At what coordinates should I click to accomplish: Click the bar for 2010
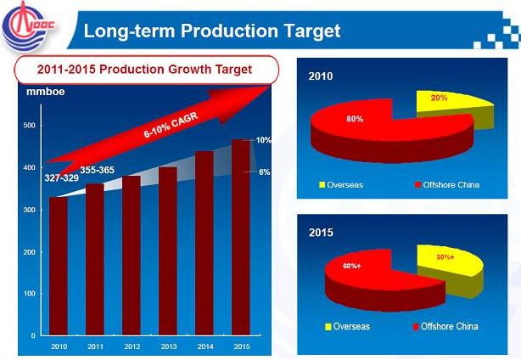click(59, 267)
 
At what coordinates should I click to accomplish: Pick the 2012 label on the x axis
click(132, 346)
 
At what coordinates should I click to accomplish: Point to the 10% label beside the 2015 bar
click(263, 140)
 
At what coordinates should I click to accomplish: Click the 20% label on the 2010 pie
click(438, 98)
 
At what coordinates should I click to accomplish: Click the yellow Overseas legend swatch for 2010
click(322, 185)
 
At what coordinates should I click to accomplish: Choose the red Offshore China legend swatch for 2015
click(415, 327)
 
